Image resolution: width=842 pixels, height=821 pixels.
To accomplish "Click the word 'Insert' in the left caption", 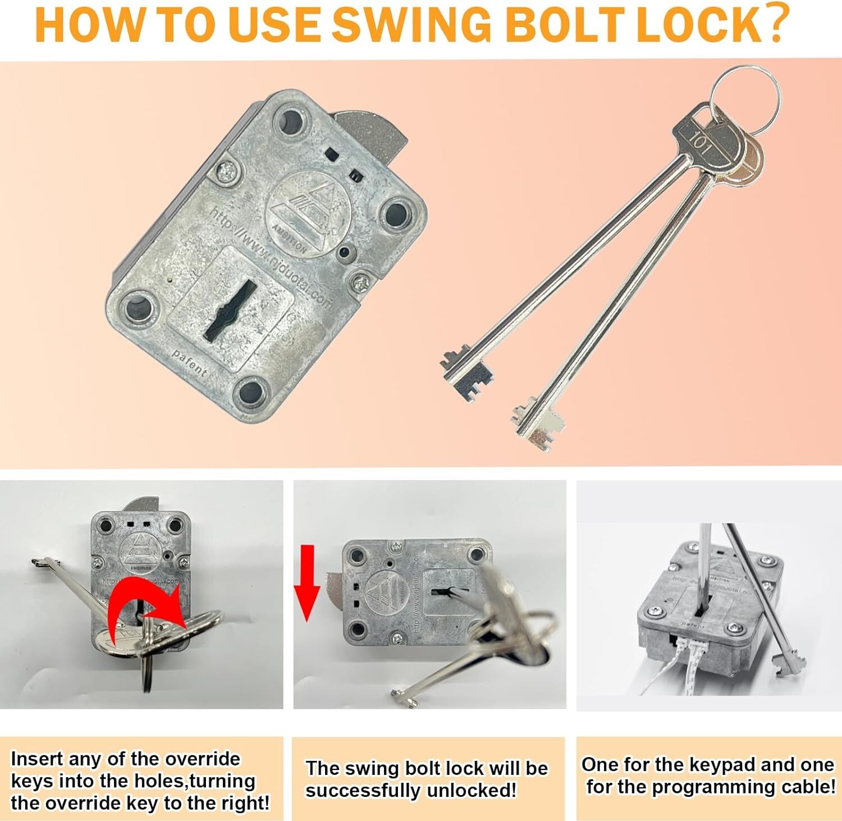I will click(x=37, y=759).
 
